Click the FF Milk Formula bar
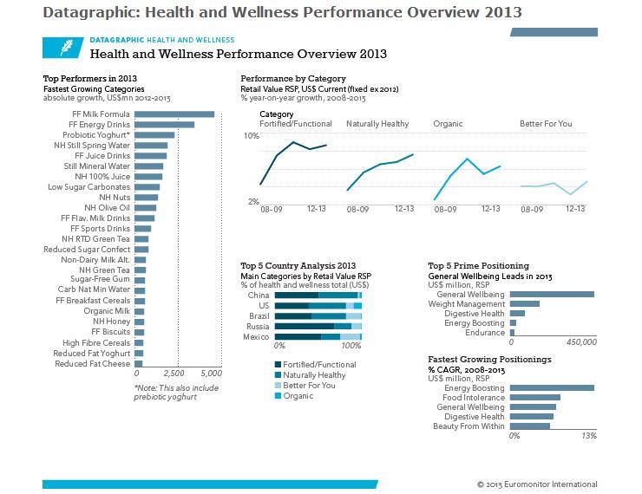[x=174, y=114]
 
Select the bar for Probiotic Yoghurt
[x=154, y=135]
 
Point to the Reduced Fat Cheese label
[x=92, y=364]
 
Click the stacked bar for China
[x=318, y=296]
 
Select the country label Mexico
[x=257, y=337]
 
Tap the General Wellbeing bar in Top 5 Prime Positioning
[x=552, y=294]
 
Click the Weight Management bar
[x=525, y=304]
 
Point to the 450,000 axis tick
[x=580, y=342]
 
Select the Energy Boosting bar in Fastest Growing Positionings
[x=552, y=387]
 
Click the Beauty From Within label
[x=468, y=426]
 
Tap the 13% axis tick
[x=589, y=436]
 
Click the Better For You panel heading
[x=546, y=124]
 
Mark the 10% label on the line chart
[x=251, y=137]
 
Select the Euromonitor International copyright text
[x=537, y=484]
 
